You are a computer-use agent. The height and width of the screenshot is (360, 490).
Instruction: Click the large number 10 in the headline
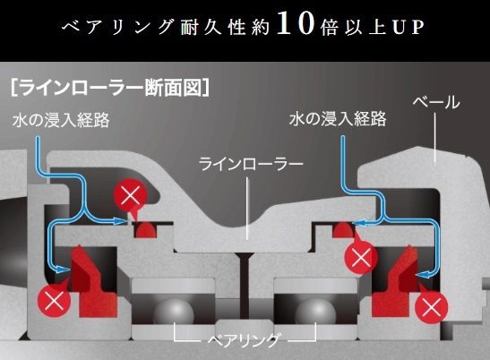click(x=296, y=23)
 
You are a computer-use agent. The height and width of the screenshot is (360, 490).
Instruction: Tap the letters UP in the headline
click(x=408, y=27)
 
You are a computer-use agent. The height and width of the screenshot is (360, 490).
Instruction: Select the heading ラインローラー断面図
click(x=110, y=87)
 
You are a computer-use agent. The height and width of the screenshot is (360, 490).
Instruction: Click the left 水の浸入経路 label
click(x=61, y=120)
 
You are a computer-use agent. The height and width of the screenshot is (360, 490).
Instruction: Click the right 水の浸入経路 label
click(x=338, y=119)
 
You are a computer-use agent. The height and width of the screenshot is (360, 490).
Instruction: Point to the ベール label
click(x=436, y=102)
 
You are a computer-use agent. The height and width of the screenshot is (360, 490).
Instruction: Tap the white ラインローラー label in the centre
click(x=251, y=164)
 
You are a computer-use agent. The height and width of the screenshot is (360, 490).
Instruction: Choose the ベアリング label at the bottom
click(x=244, y=339)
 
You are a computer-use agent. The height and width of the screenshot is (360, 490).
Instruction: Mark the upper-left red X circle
click(x=130, y=196)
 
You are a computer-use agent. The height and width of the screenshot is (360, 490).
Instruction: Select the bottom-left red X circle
click(x=55, y=300)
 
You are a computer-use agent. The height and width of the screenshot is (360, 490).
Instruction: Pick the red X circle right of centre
click(x=361, y=258)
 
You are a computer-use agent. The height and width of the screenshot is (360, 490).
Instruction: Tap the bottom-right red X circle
click(x=432, y=306)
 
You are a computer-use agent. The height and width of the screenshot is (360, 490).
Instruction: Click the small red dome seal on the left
click(x=145, y=229)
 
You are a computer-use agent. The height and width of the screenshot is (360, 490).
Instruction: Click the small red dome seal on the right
click(x=343, y=229)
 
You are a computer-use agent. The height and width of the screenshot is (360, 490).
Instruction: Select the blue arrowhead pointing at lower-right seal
click(x=424, y=274)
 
